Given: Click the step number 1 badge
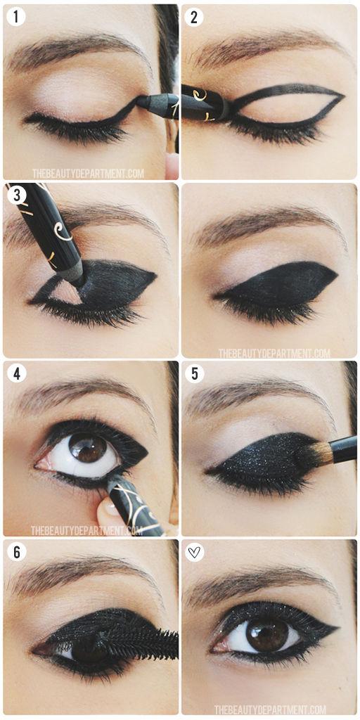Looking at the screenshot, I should pyautogui.click(x=15, y=17).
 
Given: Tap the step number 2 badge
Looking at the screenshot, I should pyautogui.click(x=194, y=17).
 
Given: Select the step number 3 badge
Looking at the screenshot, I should pyautogui.click(x=15, y=195).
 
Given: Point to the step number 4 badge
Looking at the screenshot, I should pyautogui.click(x=15, y=373).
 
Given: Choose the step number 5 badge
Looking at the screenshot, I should pyautogui.click(x=194, y=373).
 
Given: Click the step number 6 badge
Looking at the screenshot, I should pyautogui.click(x=15, y=552).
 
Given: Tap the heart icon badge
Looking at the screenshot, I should pyautogui.click(x=194, y=552).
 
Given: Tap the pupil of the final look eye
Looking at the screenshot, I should pyautogui.click(x=266, y=634).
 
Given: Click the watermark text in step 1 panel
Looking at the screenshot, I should pyautogui.click(x=87, y=172).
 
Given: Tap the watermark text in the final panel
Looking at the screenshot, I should pyautogui.click(x=271, y=709).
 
